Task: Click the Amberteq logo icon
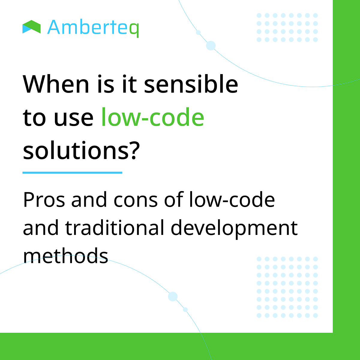point(31,27)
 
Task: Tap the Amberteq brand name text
point(93,28)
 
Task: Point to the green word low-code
point(153,117)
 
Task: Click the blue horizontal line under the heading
point(72,172)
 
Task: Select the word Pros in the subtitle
point(44,200)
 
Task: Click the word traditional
point(115,228)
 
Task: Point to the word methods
point(65,256)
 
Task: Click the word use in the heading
point(74,118)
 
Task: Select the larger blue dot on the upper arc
point(211,46)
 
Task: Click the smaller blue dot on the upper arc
point(198,32)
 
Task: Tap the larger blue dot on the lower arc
point(173,296)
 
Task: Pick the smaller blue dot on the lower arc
point(185,310)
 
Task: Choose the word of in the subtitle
point(173,200)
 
